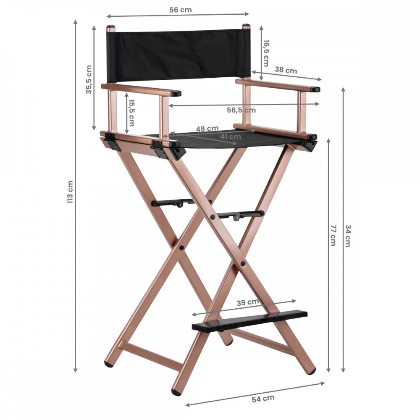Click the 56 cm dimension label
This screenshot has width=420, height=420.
click(181, 10)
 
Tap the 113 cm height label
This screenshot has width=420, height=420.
click(70, 192)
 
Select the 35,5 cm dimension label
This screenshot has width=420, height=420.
click(89, 79)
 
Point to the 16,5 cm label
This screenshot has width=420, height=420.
click(266, 53)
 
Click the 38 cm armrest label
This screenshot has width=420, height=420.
click(286, 70)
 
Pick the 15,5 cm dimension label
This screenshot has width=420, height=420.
click(131, 113)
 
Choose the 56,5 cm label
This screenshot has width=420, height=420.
click(241, 110)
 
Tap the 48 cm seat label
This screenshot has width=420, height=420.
click(207, 129)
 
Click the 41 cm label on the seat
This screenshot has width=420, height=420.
click(231, 136)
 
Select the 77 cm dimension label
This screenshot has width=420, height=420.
click(333, 235)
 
